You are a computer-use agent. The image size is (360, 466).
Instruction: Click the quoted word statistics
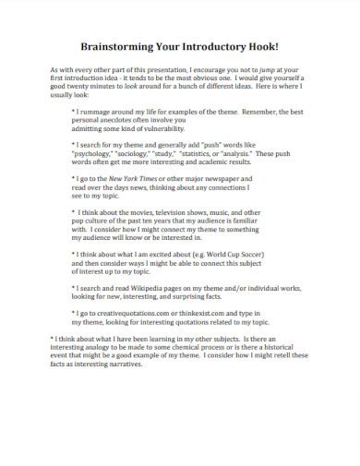217,154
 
